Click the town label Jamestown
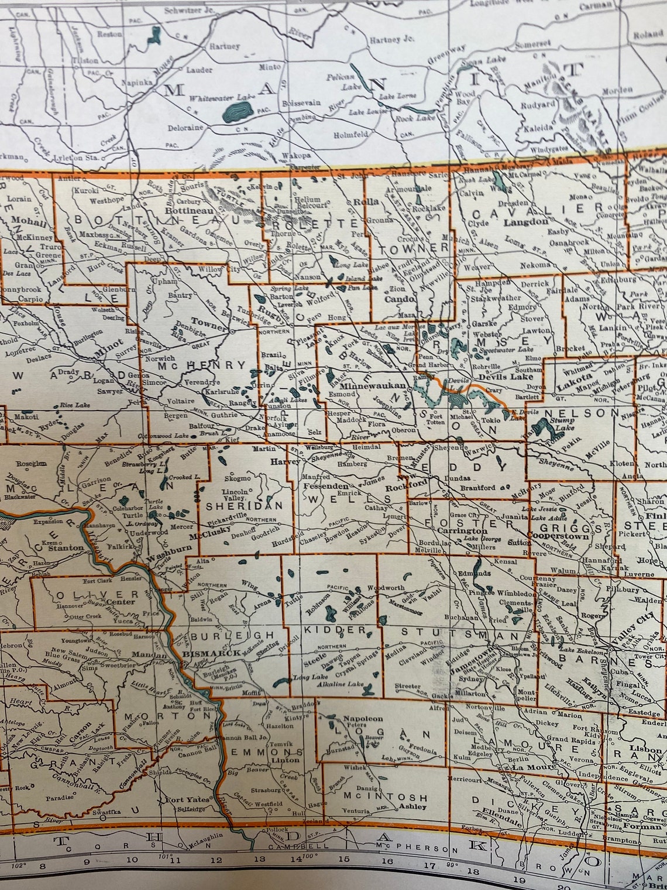(x=473, y=657)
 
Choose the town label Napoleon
(x=363, y=718)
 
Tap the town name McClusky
(x=208, y=535)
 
